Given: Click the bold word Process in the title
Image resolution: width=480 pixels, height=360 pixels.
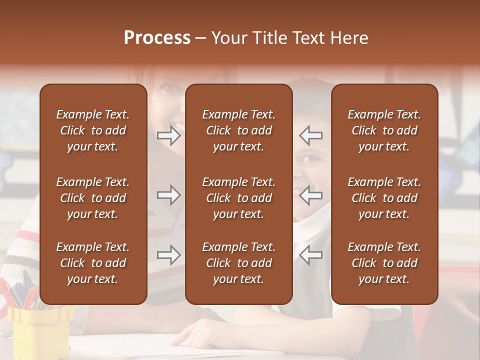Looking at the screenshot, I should coord(157,38).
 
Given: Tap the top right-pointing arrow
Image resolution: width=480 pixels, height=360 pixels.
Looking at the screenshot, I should coord(168,135).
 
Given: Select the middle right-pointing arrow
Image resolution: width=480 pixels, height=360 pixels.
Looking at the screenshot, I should coord(168,195).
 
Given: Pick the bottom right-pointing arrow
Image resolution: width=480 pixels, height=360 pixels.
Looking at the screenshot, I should coord(168,255).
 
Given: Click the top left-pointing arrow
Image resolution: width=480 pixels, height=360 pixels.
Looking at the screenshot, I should coord(311,135).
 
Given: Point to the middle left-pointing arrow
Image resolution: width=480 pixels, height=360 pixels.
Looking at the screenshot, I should coord(311,195).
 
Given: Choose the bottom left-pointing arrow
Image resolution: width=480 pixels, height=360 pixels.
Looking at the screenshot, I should coord(311,255).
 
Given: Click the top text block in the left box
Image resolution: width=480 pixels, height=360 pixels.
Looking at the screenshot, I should coord(93,130).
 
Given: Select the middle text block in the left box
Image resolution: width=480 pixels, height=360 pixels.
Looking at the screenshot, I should coord(93,198).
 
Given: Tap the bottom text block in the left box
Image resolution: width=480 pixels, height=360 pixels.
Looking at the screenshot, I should coord(93,263).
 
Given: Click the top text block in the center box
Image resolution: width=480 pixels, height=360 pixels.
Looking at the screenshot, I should coord(238,130).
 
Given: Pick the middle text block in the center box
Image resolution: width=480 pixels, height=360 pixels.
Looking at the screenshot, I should coord(238,198).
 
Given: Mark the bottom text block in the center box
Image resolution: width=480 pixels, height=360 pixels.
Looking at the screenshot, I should coord(238,263).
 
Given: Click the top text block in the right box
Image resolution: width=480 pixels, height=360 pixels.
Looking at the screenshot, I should coord(384,130).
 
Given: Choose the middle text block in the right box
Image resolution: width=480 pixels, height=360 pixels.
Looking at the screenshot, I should coord(384,198).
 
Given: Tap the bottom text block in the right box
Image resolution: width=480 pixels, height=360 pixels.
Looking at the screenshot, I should coord(384,263).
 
